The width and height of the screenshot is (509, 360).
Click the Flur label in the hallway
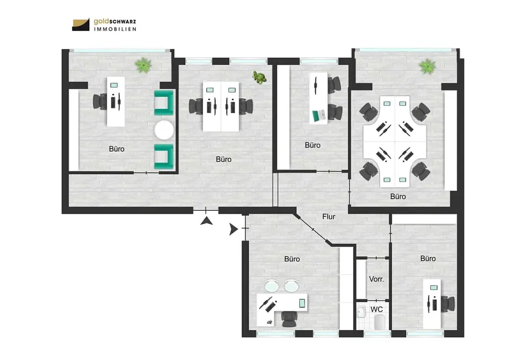[x=329, y=216]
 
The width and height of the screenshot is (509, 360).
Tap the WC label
[x=377, y=309]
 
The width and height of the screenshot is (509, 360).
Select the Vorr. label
[x=376, y=279]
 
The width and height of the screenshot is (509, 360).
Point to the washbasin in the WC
[x=361, y=312]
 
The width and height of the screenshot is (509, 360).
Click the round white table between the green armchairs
[x=164, y=130]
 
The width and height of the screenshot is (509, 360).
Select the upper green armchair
[x=164, y=102]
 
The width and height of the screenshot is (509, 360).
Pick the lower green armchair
[x=164, y=156]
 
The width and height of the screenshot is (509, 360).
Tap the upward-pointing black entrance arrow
[x=206, y=220]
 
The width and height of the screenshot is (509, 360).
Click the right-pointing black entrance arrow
[x=233, y=229]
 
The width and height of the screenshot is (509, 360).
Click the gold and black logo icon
[x=81, y=24]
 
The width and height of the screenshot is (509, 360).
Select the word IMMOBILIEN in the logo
[x=114, y=29]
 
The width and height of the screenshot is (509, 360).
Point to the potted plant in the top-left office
[x=144, y=65]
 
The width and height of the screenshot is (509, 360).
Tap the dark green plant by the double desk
[x=260, y=78]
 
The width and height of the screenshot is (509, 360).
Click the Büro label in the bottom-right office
[x=428, y=258]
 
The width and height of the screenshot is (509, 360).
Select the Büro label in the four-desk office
[x=398, y=196]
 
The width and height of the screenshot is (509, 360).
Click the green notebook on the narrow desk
[x=319, y=116]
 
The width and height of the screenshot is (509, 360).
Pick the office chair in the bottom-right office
[x=448, y=304]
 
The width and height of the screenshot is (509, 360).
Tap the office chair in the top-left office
[x=100, y=101]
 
